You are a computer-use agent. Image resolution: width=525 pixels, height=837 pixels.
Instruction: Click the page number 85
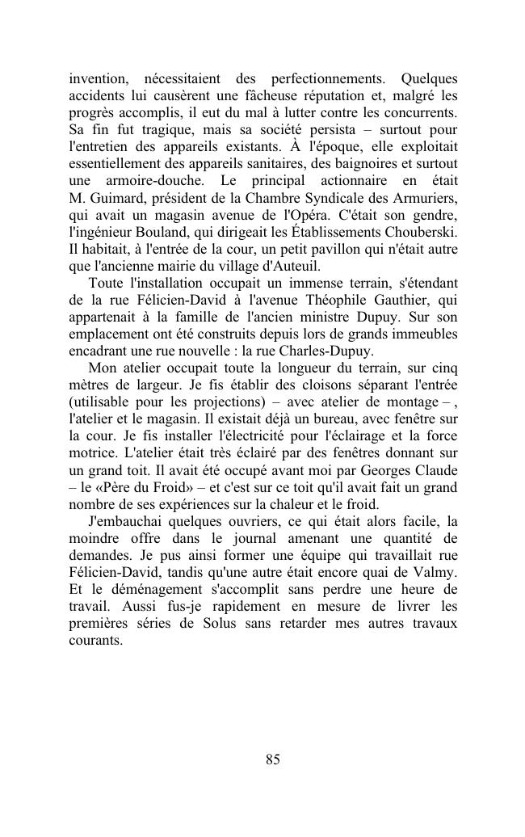point(272,759)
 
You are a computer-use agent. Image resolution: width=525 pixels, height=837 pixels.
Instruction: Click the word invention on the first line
point(98,79)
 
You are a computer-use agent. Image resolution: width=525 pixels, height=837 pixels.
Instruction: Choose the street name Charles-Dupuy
point(332,351)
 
